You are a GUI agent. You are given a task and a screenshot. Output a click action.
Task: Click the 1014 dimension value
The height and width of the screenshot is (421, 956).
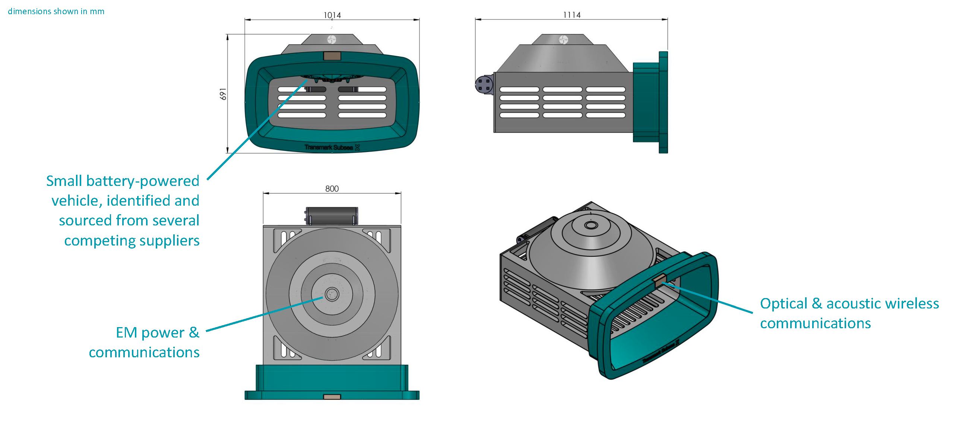click(x=332, y=15)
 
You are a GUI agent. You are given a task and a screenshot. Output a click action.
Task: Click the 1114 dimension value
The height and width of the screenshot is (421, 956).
click(x=572, y=15)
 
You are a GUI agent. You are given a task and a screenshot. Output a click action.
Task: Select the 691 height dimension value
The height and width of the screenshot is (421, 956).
click(x=223, y=94)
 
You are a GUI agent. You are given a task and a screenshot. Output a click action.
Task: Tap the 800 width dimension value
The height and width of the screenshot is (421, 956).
click(x=332, y=189)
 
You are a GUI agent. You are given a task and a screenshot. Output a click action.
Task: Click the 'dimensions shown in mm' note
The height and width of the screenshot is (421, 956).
click(x=56, y=11)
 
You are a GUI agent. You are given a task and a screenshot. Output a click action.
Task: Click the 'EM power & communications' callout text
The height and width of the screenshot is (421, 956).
click(x=144, y=342)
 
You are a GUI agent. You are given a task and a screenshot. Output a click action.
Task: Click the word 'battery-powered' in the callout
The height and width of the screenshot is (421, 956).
click(x=143, y=181)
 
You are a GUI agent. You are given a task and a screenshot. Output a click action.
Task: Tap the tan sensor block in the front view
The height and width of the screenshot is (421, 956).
click(x=332, y=56)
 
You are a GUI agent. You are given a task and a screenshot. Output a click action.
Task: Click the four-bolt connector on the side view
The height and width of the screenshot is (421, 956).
click(x=484, y=85)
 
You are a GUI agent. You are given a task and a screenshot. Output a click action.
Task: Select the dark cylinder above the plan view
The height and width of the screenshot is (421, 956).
click(x=332, y=216)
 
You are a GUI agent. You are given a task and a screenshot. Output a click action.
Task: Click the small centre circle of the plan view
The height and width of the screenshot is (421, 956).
click(x=332, y=294)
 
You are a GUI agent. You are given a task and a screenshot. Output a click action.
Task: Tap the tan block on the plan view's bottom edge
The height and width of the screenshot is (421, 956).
click(x=332, y=397)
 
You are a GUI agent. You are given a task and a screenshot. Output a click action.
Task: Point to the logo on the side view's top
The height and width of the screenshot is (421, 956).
click(x=563, y=39)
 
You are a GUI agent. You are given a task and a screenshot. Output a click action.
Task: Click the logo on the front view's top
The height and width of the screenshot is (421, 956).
click(x=332, y=39)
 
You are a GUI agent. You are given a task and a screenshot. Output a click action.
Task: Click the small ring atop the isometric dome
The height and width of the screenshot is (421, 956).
click(x=591, y=225)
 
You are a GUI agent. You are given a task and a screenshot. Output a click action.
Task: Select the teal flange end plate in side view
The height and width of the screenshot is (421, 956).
click(x=663, y=102)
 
